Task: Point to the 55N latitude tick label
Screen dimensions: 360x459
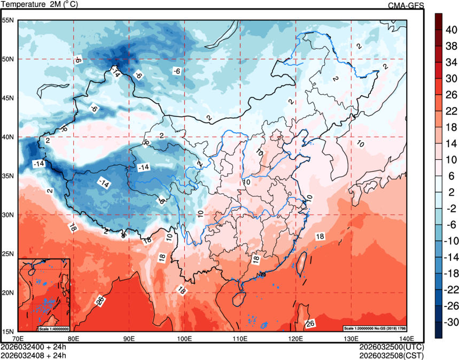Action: click(x=7, y=20)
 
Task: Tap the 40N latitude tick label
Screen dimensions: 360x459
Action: click(x=7, y=137)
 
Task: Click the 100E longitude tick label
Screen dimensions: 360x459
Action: click(x=184, y=339)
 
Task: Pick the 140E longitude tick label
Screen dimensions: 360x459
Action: click(x=407, y=339)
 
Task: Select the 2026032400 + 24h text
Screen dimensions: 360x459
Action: click(x=33, y=347)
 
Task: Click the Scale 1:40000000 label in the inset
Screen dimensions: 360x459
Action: click(x=53, y=328)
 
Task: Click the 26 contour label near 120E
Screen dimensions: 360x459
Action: click(x=310, y=323)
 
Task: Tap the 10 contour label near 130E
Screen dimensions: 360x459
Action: click(x=360, y=143)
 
